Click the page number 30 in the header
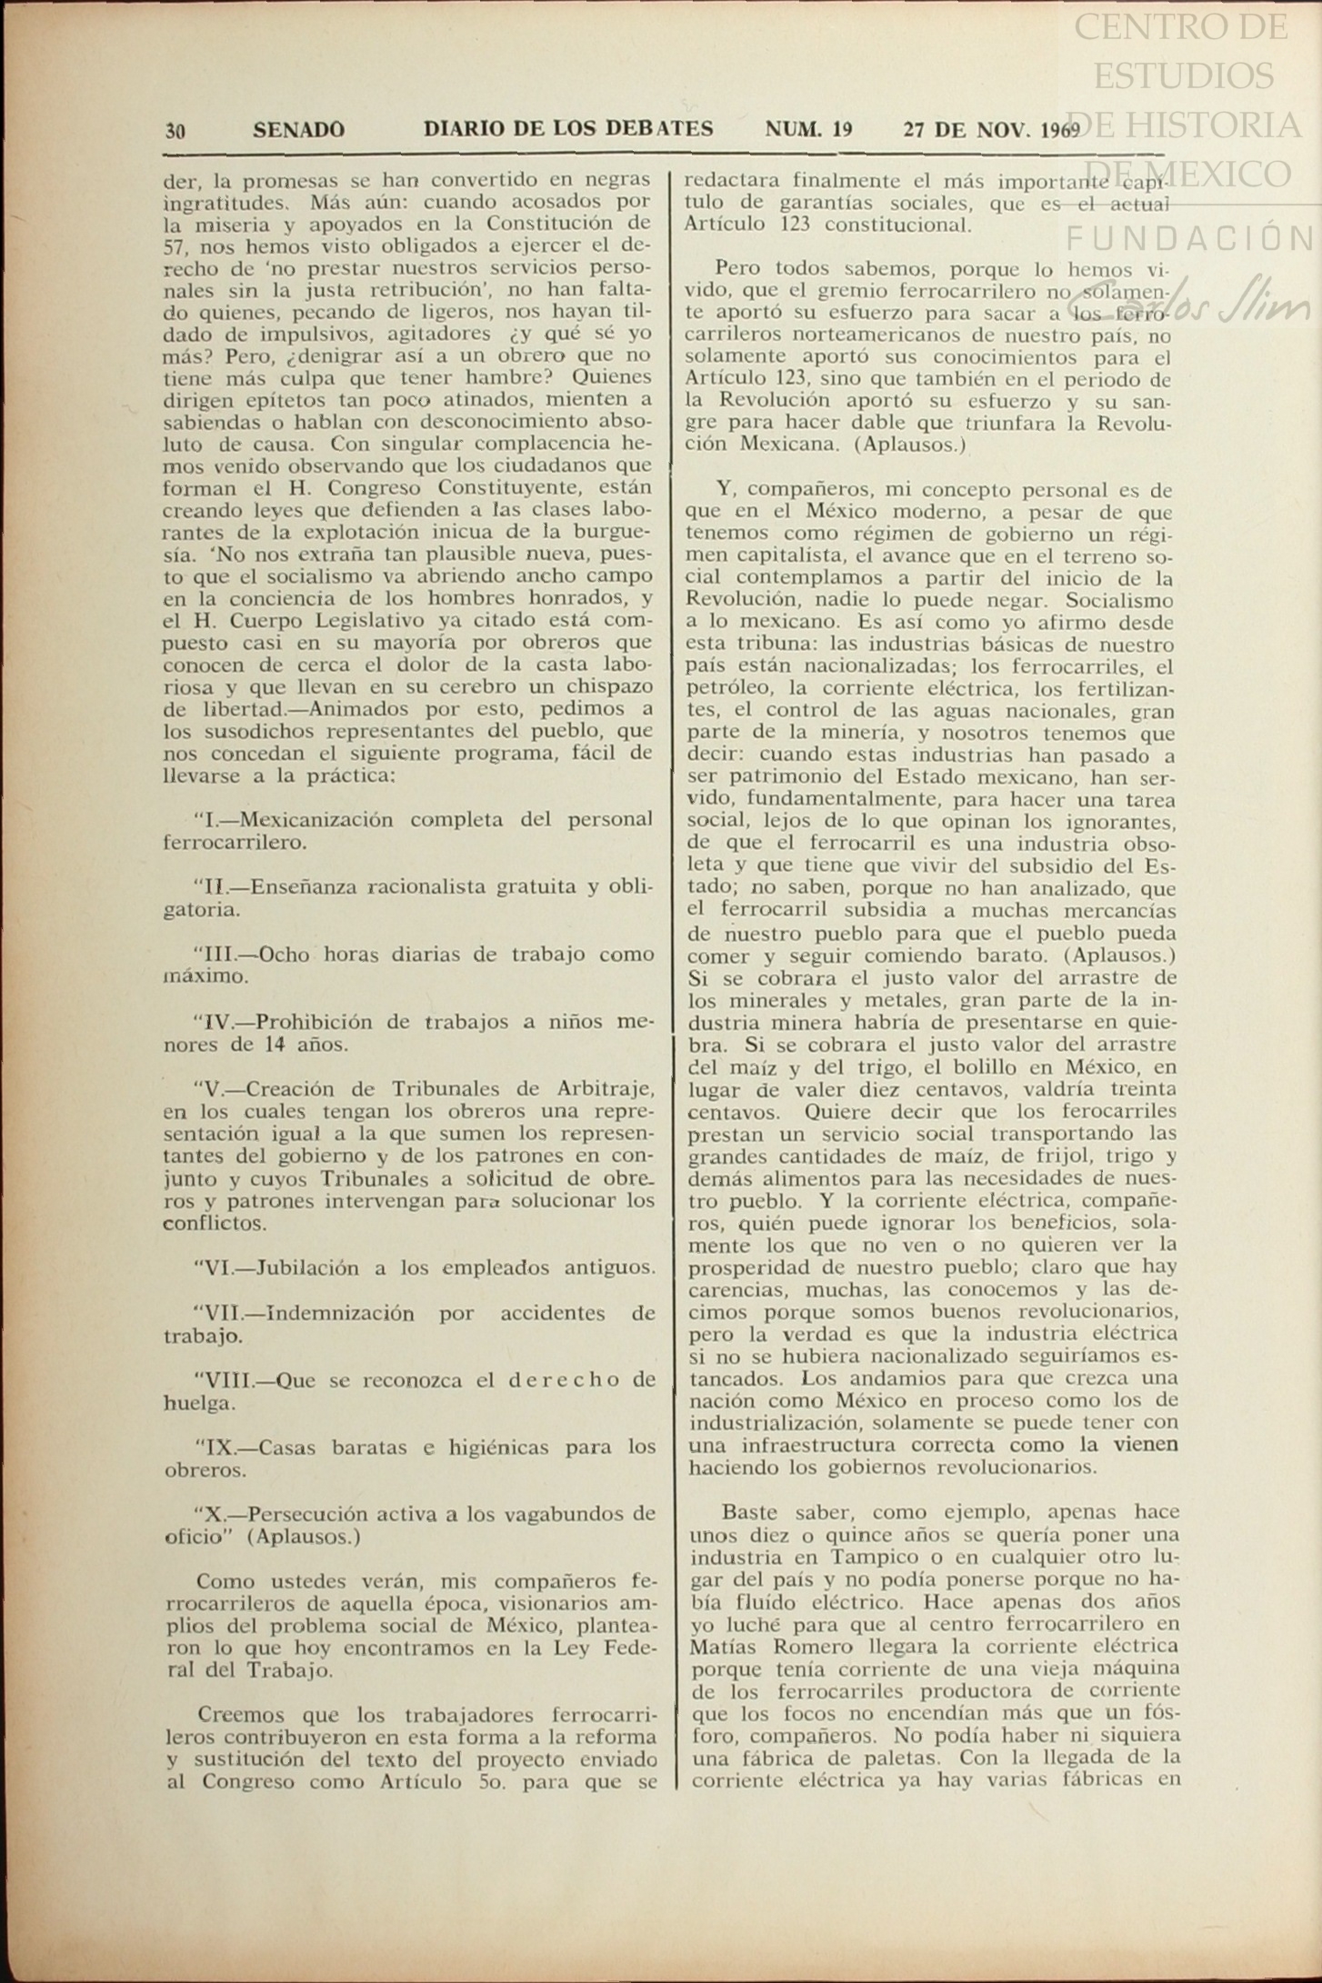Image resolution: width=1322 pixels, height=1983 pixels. [x=175, y=130]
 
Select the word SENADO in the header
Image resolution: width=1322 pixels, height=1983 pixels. [x=298, y=130]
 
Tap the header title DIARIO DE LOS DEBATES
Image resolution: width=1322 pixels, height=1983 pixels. [x=568, y=129]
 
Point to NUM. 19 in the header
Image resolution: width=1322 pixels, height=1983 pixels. [x=808, y=129]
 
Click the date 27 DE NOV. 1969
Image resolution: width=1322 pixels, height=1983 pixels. [x=990, y=129]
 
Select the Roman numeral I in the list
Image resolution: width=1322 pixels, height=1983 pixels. [x=209, y=820]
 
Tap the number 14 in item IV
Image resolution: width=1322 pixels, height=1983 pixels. [x=275, y=1044]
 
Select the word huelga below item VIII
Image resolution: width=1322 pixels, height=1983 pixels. [x=200, y=1403]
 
